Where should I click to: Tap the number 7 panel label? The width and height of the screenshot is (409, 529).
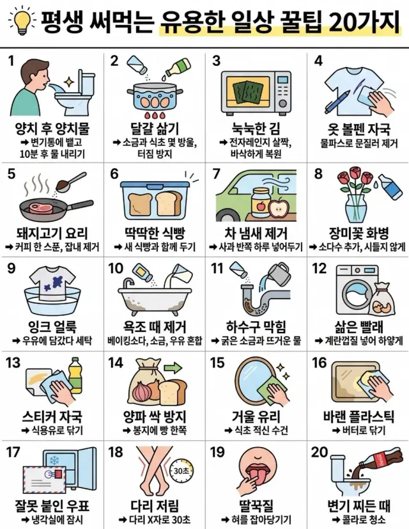[216, 174]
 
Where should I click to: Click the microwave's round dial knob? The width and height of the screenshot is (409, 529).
[283, 103]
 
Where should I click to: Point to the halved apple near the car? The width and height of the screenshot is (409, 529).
[279, 210]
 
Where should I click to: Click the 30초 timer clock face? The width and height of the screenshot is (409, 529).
[181, 471]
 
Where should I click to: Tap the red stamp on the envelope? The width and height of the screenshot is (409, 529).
[58, 475]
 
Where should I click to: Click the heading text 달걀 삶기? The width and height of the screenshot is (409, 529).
[155, 129]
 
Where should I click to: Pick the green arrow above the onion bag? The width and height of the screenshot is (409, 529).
[174, 367]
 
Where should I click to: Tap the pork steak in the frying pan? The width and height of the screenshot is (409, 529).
[41, 207]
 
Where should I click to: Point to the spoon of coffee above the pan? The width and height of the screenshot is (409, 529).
[71, 182]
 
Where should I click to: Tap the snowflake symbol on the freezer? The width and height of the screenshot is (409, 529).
[54, 460]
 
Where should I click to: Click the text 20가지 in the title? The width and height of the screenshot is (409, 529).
[365, 22]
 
